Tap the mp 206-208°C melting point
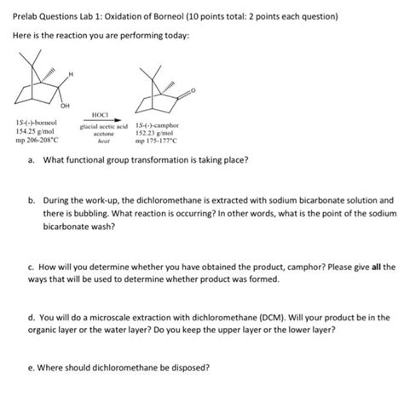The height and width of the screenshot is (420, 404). (x=38, y=141)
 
